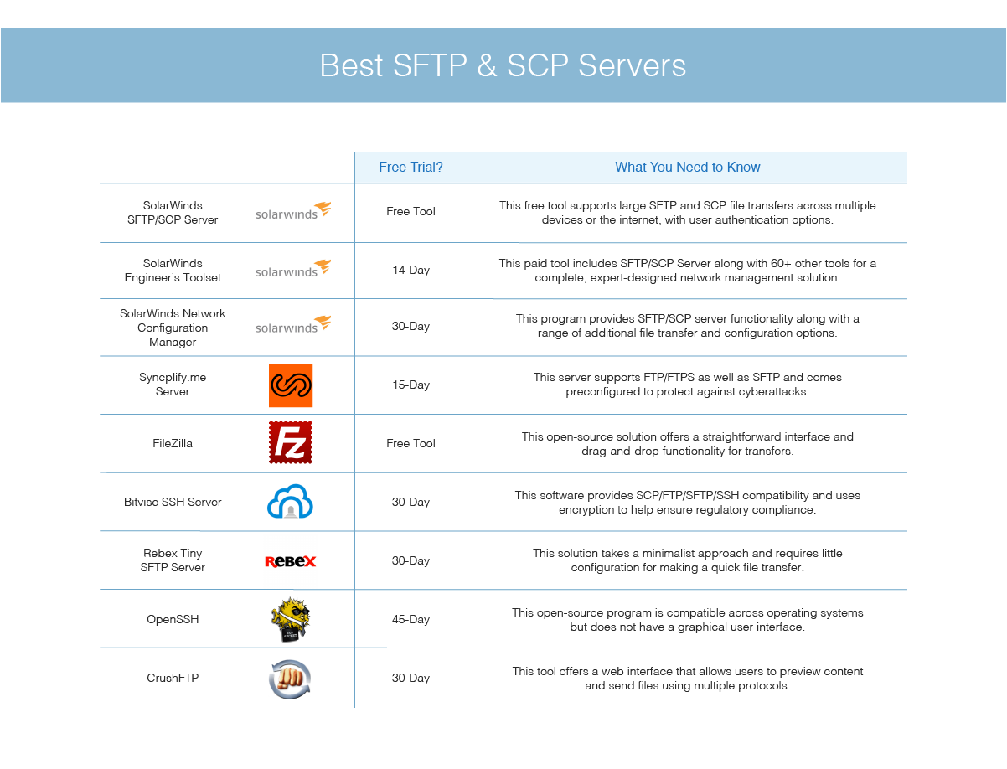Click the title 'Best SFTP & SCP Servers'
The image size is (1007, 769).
(503, 65)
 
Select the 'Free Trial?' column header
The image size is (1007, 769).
(411, 167)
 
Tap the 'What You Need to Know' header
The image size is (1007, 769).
(687, 167)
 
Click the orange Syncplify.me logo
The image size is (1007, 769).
(291, 385)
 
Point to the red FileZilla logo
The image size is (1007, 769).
(291, 442)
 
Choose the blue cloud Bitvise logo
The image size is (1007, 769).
(290, 501)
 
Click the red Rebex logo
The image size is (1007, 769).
(291, 561)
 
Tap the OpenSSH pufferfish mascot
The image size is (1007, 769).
(291, 619)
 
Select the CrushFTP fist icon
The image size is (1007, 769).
(290, 679)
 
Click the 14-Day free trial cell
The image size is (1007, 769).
(411, 270)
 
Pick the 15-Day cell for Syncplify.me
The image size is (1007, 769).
(411, 384)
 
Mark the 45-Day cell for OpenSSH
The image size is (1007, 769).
(411, 620)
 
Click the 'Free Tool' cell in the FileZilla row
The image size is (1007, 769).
(411, 443)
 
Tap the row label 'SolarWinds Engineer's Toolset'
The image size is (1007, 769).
(173, 271)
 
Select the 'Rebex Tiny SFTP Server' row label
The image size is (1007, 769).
(173, 560)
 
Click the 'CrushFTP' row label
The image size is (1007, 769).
(173, 678)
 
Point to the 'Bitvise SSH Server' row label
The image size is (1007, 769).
(173, 502)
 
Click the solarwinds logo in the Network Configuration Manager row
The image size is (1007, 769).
(293, 324)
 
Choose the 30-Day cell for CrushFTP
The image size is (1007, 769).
(411, 679)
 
